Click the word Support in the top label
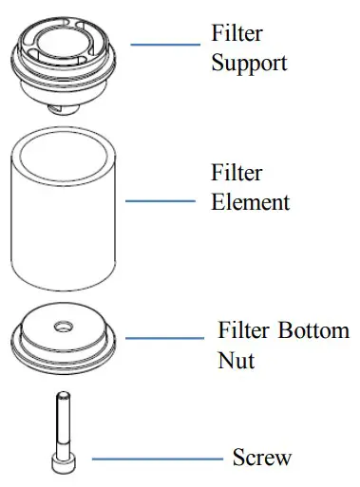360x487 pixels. point(249,64)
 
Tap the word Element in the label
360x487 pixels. point(250,202)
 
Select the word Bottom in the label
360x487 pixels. point(313,332)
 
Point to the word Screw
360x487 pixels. point(262,458)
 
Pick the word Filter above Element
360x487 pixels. point(236,175)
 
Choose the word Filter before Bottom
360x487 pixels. point(243,332)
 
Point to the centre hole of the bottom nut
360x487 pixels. point(64,327)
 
